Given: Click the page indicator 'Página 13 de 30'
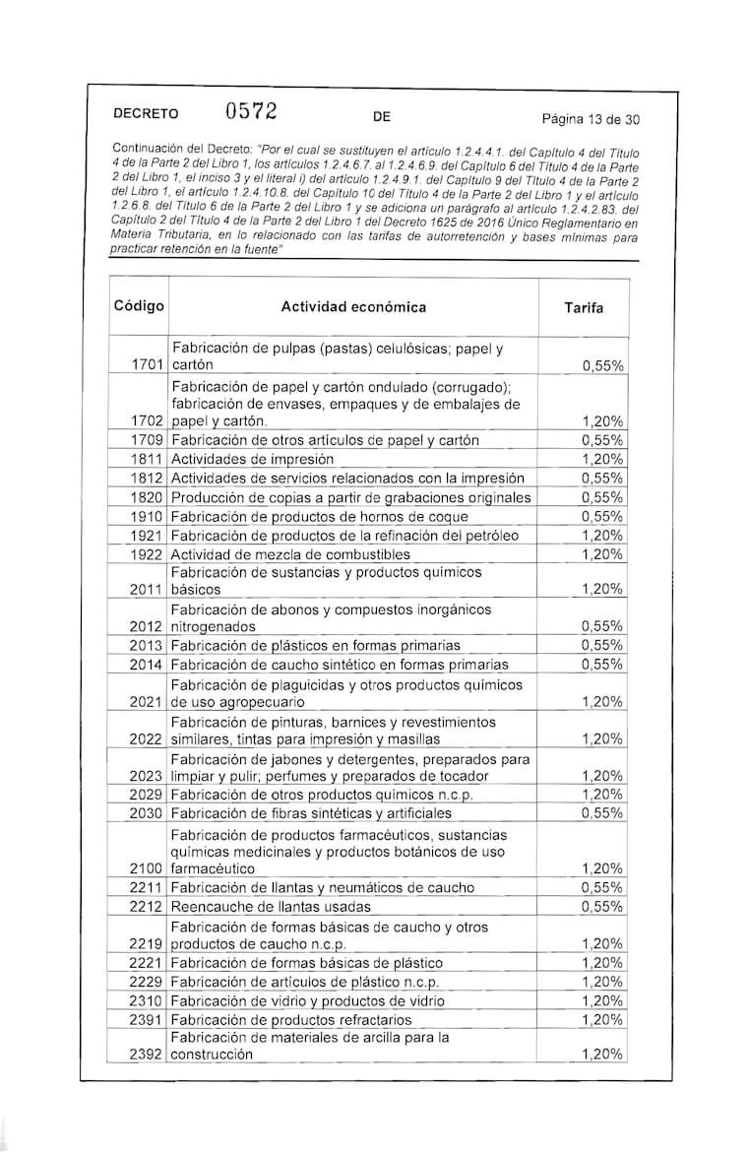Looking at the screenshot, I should click(x=591, y=120).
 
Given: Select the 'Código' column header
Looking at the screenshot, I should click(x=139, y=306).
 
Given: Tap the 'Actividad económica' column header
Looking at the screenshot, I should click(x=353, y=307).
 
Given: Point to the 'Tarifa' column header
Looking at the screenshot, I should click(x=584, y=308).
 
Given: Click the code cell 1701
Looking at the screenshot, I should click(x=147, y=365).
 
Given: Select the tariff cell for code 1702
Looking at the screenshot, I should click(x=601, y=421).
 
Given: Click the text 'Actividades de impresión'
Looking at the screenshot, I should click(x=253, y=459).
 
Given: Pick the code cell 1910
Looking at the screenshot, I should click(x=147, y=516).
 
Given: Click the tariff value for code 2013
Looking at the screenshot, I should click(x=601, y=646).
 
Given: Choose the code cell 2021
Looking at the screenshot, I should click(x=147, y=702).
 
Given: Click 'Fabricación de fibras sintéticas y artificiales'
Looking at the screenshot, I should click(x=311, y=813).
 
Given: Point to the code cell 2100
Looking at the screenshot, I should click(x=147, y=869).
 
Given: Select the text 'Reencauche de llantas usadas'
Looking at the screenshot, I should click(x=271, y=907).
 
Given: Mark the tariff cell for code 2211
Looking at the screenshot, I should click(x=601, y=888).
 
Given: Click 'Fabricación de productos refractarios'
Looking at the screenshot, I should click(x=291, y=1019).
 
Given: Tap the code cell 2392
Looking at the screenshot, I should click(x=147, y=1055).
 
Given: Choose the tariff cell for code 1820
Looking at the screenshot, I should click(x=601, y=497).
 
